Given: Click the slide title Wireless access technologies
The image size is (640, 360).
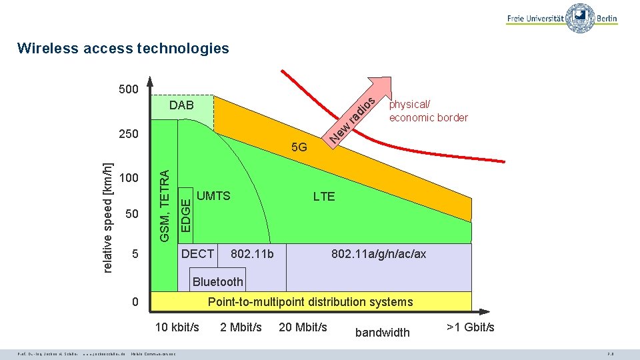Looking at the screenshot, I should [123, 48].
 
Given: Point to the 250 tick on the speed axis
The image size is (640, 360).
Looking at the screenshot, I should [128, 133].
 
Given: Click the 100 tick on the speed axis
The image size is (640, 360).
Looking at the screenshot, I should [128, 178].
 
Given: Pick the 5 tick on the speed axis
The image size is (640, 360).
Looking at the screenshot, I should [135, 254].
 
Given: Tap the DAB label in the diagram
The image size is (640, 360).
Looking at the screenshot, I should [181, 105].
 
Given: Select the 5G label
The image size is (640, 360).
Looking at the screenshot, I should [299, 147].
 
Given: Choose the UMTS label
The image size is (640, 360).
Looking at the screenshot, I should [214, 196].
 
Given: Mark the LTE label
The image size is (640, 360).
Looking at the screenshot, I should [324, 196].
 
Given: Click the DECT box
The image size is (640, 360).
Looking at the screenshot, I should [198, 254].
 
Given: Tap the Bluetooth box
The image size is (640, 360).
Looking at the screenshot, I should [217, 281].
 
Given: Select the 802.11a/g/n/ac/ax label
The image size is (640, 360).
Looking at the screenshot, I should [379, 254].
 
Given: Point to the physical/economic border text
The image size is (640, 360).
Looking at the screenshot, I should [428, 111].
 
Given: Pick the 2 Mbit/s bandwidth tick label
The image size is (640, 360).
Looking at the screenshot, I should [241, 327].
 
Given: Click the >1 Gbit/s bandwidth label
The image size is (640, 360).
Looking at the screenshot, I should [471, 327].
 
